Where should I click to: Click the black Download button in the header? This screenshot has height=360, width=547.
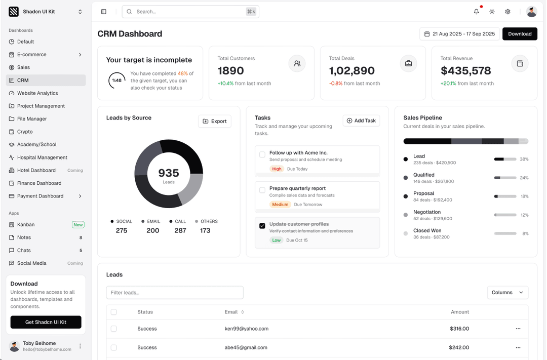pos(520,34)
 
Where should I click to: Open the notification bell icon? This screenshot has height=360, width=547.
pos(476,12)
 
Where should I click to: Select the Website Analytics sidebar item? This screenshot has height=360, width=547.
pos(37,93)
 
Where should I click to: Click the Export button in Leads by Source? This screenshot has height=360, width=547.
pos(215,121)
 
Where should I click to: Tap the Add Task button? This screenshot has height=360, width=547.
pos(361,121)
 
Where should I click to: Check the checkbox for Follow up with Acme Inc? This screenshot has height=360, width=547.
pos(262,155)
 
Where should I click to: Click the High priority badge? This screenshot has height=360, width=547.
pos(277,169)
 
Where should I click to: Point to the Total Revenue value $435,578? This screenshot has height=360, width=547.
pos(465,71)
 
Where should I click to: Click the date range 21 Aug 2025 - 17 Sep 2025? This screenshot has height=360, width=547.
pos(459,34)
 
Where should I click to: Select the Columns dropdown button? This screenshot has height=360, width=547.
pos(507,293)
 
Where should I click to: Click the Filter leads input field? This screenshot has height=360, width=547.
pos(175,293)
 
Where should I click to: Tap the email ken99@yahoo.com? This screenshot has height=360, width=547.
pos(247,329)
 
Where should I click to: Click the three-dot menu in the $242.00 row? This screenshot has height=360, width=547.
pos(518,348)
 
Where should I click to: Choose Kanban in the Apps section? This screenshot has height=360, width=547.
pos(26,225)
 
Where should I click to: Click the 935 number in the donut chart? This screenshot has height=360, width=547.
pos(169,173)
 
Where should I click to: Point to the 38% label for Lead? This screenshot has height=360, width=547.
pos(524,159)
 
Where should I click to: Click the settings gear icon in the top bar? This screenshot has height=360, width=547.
pos(507,12)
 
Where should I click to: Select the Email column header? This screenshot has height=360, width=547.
pos(231,312)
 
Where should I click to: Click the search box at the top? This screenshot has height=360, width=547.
pos(190,12)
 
